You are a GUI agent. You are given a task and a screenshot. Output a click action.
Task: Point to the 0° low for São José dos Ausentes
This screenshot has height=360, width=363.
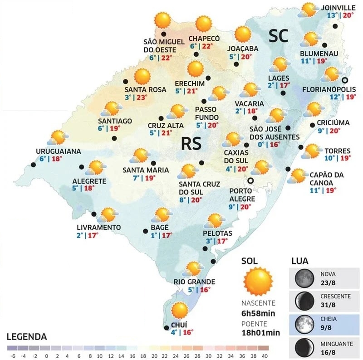point(260,145)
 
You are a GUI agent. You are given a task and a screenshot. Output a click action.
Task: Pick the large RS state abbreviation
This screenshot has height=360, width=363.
point(191,143)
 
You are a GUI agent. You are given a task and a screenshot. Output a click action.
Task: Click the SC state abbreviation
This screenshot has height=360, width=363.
point(277,36)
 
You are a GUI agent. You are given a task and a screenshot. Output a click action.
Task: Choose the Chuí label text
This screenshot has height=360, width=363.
point(176,324)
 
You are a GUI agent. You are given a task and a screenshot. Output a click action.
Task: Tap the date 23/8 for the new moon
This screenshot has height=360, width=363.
point(328,282)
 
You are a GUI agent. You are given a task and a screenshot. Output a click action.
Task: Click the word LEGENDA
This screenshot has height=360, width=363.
point(27,337)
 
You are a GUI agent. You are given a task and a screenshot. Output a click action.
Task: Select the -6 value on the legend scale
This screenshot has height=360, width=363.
point(11,355)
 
